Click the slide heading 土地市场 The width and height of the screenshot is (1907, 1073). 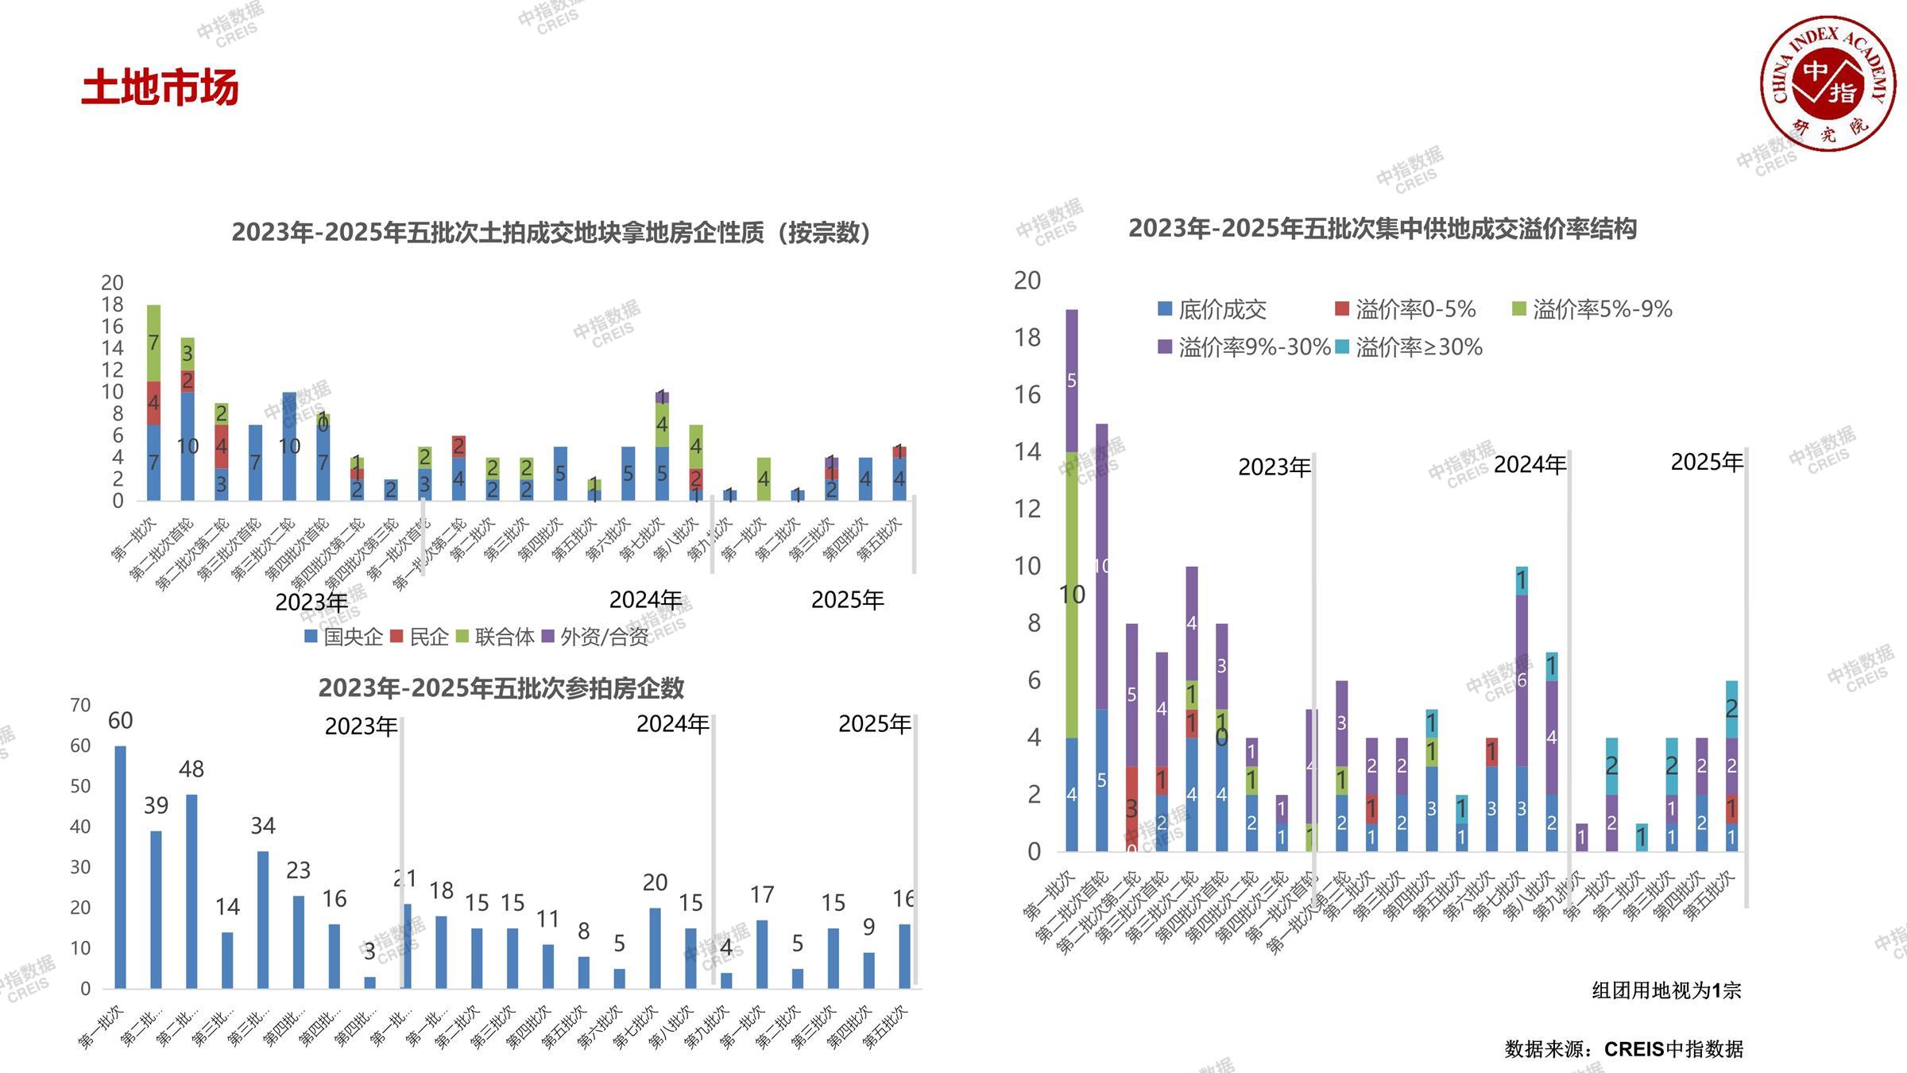(160, 87)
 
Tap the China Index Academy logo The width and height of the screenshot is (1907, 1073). (1827, 83)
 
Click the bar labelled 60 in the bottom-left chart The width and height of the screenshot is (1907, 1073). (121, 866)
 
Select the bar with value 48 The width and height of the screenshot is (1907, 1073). (191, 890)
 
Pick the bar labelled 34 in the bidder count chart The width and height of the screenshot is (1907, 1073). (263, 920)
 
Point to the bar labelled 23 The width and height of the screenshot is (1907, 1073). (299, 942)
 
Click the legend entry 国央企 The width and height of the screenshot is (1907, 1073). (345, 637)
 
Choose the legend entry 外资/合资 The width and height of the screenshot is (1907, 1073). (596, 637)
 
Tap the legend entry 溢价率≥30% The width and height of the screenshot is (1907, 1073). (1410, 347)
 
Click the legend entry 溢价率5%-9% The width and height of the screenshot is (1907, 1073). (1593, 309)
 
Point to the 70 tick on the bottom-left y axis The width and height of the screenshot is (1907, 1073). (80, 705)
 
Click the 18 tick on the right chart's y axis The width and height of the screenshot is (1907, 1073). (1027, 338)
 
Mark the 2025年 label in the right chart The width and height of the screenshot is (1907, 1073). (1706, 462)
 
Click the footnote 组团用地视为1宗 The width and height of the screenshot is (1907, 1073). (1666, 990)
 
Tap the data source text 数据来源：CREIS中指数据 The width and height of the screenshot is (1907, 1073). (1623, 1049)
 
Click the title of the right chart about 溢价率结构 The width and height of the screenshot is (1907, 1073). (1383, 229)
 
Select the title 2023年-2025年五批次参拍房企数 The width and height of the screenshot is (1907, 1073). (501, 688)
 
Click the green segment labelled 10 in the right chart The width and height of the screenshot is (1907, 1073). (1072, 595)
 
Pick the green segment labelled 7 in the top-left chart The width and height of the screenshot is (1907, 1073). (153, 343)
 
